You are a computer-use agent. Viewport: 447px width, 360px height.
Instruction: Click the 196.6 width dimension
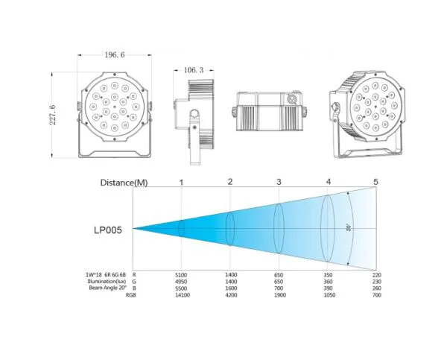coord(114,54)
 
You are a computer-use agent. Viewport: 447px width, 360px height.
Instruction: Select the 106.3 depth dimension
coord(192,70)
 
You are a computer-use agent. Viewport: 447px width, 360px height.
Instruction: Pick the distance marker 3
coord(279,182)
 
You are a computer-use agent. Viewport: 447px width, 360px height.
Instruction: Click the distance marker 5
coord(375,182)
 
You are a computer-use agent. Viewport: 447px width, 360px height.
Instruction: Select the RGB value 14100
coord(181,294)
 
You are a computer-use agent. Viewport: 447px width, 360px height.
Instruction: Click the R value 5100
coord(181,275)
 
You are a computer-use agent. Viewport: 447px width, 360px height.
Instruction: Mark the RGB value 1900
coord(279,294)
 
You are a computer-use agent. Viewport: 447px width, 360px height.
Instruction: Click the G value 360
coord(328,282)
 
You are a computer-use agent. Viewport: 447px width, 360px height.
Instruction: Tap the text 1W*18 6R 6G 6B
coord(107,275)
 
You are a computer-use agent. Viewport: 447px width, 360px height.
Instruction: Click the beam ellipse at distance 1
coord(181,228)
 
